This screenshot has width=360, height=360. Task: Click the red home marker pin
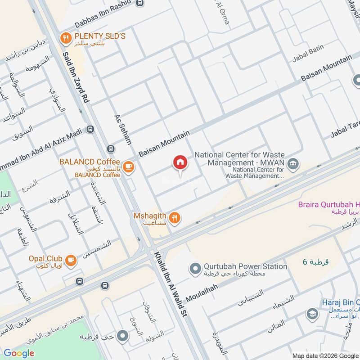point(180,163)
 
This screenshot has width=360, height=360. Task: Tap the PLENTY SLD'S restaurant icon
point(66,38)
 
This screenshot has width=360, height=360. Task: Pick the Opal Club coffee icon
point(71,260)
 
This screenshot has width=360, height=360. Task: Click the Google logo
point(19,353)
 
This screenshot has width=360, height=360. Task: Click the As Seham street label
point(122,128)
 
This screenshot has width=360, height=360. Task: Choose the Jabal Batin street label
point(308,58)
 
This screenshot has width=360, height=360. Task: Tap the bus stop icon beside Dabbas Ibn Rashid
point(140,4)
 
